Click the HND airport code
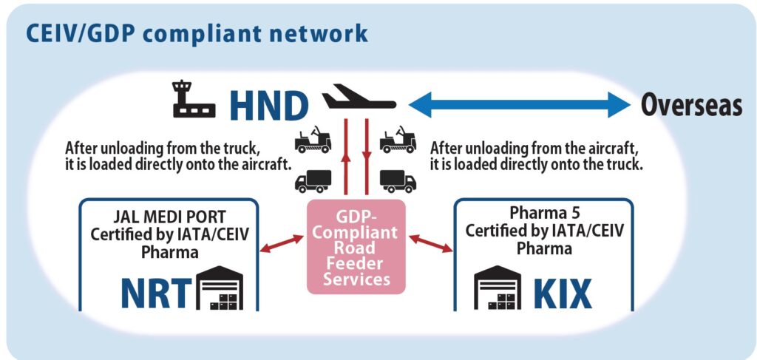click(268, 106)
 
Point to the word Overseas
click(691, 106)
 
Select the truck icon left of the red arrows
click(313, 180)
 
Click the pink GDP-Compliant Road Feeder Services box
click(356, 246)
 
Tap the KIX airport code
click(563, 293)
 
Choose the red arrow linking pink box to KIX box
click(430, 244)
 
